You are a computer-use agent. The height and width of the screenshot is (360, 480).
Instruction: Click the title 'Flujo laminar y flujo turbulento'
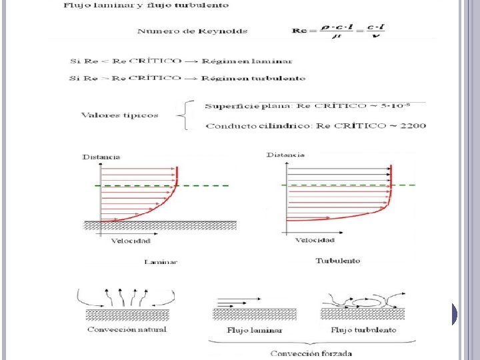tap(145, 5)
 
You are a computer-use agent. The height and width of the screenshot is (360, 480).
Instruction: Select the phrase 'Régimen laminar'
tap(254, 61)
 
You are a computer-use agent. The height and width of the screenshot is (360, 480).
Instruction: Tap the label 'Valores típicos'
tap(120, 115)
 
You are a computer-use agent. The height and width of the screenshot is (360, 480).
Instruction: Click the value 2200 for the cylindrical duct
tap(414, 125)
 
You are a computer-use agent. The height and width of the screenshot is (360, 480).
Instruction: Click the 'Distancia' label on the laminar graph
tap(101, 157)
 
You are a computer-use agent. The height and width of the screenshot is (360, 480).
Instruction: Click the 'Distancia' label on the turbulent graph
tap(285, 155)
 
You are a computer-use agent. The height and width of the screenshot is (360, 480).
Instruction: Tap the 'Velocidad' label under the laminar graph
tap(131, 241)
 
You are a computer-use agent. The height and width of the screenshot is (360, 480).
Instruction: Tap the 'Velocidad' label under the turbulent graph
tap(315, 240)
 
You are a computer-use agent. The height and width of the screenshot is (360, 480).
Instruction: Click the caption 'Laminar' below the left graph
tap(161, 262)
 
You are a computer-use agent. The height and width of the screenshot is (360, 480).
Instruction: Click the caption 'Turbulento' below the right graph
tap(337, 261)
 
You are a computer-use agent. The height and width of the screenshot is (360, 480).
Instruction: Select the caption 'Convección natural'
tap(126, 329)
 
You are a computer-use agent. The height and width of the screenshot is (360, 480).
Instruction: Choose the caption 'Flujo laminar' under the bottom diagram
tap(255, 330)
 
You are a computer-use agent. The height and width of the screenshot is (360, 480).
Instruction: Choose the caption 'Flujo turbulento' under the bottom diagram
tap(363, 330)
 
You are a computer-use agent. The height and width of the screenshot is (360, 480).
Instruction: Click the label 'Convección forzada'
tap(311, 353)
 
